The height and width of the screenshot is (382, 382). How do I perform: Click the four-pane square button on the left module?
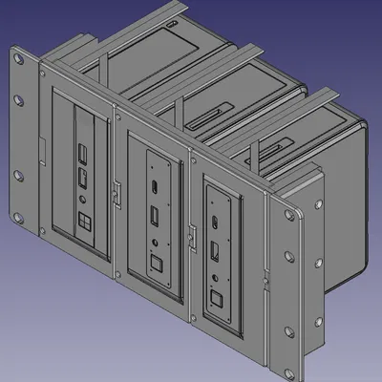84,222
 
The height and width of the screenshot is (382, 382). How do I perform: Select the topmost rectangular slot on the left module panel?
82,152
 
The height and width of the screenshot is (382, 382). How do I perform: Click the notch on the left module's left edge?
42,147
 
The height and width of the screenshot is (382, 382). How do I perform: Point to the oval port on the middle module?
153,186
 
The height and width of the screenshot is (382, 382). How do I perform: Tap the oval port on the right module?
218,225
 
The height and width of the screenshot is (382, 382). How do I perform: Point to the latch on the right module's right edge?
265,278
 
